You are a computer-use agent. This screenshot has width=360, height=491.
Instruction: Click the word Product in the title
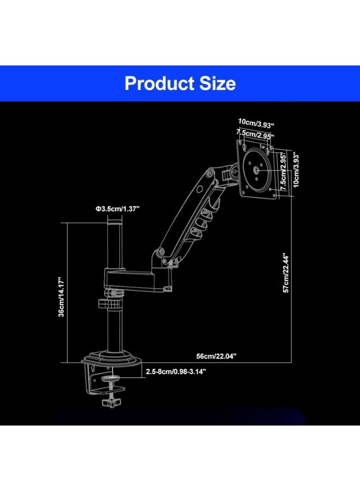pyautogui.click(x=159, y=84)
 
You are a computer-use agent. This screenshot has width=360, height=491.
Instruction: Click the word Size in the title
pyautogui.click(x=218, y=83)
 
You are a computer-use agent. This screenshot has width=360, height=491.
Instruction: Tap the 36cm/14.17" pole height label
pyautogui.click(x=61, y=297)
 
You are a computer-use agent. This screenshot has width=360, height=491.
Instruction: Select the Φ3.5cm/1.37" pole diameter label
pyautogui.click(x=117, y=209)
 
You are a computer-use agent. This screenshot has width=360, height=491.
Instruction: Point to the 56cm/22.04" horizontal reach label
pyautogui.click(x=217, y=356)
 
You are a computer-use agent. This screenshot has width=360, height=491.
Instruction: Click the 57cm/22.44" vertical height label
pyautogui.click(x=286, y=272)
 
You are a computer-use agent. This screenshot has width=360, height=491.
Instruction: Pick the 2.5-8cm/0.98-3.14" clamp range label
pyautogui.click(x=176, y=372)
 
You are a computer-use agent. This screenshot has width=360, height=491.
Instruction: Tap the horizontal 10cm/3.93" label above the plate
pyautogui.click(x=256, y=123)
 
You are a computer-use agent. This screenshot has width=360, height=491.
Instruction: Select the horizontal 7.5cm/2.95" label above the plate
pyautogui.click(x=255, y=134)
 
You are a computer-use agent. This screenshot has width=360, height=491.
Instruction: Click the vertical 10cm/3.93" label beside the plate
pyautogui.click(x=296, y=170)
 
